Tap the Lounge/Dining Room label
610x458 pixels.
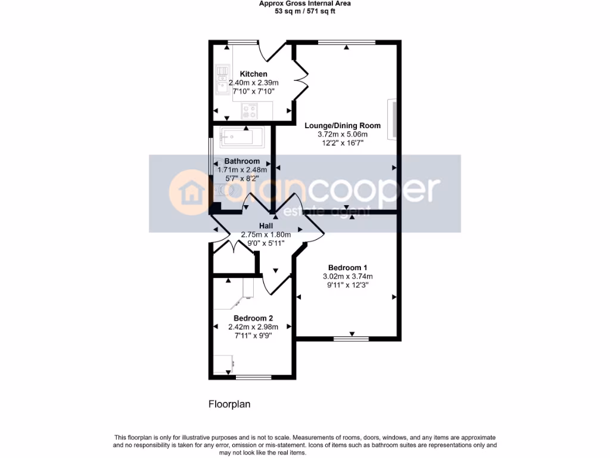tap(342, 126)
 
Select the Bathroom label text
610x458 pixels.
tap(242, 161)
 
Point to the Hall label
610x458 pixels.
tap(266, 226)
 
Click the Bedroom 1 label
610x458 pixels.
tap(347, 267)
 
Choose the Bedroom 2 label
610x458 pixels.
tap(253, 318)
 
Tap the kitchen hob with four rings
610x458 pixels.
tap(249, 110)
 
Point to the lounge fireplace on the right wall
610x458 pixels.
tap(393, 119)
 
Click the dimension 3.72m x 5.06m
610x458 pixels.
tap(343, 135)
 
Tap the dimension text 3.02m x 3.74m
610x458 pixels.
tap(347, 276)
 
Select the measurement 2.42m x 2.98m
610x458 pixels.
tap(253, 327)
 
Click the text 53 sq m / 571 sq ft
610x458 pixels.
tap(304, 11)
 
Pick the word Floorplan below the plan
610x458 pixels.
tap(229, 404)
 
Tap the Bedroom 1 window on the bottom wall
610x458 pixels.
tap(351, 339)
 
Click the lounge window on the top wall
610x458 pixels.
tap(347, 42)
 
